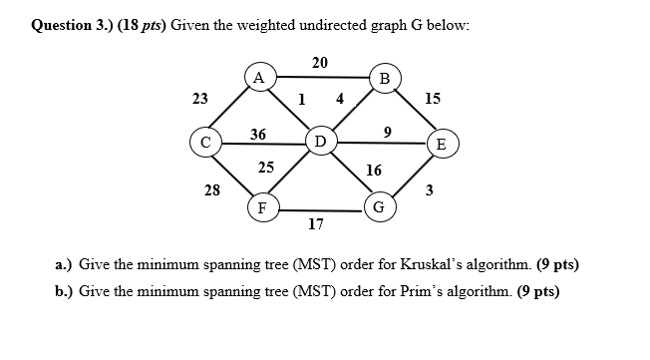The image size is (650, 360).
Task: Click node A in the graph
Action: [259, 77]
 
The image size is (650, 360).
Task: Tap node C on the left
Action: [206, 143]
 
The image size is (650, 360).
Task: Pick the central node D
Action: [320, 140]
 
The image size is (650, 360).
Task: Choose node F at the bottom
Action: [261, 208]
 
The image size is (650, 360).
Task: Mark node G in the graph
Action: [378, 210]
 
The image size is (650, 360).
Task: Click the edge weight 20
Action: [319, 62]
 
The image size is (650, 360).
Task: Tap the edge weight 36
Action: [257, 134]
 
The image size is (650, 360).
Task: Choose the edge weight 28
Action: [212, 188]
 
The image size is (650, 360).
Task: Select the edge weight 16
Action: [374, 171]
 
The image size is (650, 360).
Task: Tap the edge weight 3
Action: [429, 190]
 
